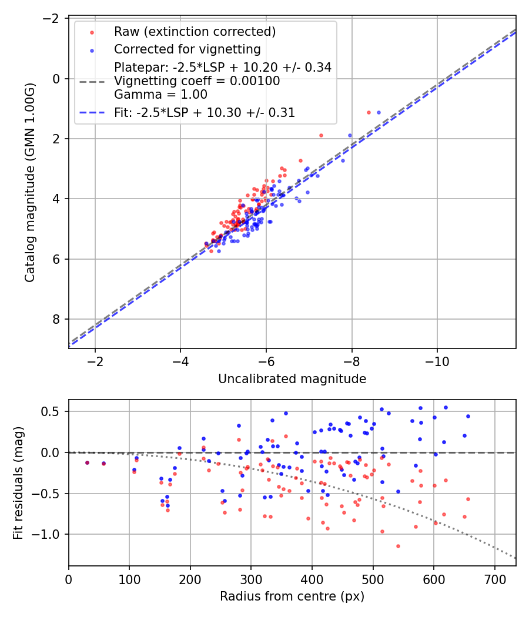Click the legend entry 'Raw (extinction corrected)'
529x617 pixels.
pyautogui.click(x=195, y=32)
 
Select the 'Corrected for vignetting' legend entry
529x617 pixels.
pyautogui.click(x=187, y=49)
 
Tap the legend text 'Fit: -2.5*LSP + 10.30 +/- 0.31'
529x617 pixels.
pyautogui.click(x=205, y=112)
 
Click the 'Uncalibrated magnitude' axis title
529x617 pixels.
pyautogui.click(x=292, y=379)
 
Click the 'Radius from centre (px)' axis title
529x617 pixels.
pyautogui.click(x=292, y=596)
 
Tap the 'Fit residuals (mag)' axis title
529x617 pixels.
pyautogui.click(x=18, y=483)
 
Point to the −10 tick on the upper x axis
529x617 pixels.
pyautogui.click(x=437, y=360)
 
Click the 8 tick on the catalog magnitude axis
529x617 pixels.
pyautogui.click(x=57, y=319)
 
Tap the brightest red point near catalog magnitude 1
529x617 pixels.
pyautogui.click(x=369, y=112)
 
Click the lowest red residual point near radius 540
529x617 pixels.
pyautogui.click(x=398, y=546)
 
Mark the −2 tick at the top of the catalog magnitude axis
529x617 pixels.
pyautogui.click(x=53, y=19)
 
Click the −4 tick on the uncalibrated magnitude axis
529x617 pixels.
pyautogui.click(x=180, y=360)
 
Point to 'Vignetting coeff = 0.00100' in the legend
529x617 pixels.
pyautogui.click(x=197, y=81)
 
